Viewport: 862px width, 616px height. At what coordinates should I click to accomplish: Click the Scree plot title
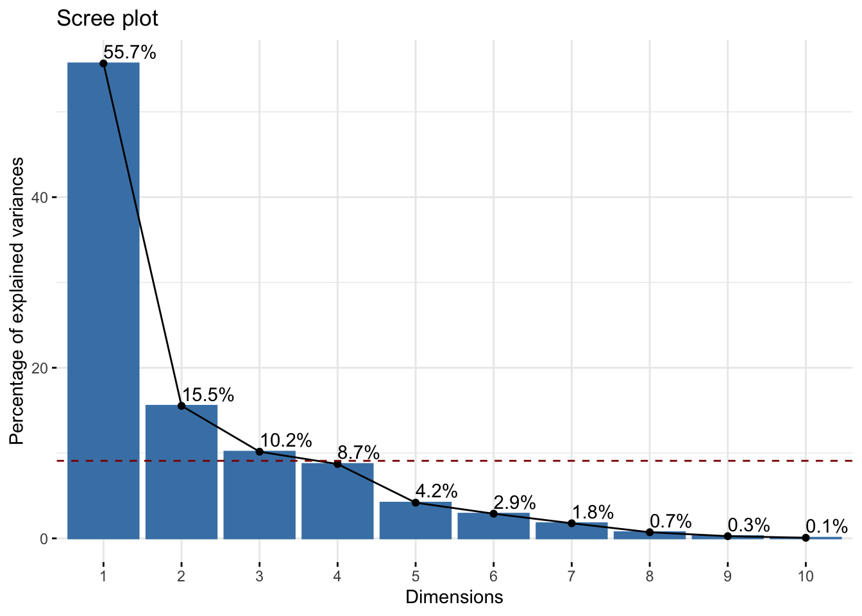(107, 19)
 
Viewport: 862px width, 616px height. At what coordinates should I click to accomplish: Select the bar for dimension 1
(103, 301)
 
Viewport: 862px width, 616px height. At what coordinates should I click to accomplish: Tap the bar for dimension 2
(182, 472)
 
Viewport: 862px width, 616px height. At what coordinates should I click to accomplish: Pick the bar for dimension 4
(337, 501)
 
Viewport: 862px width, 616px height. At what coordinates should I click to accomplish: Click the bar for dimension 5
(416, 520)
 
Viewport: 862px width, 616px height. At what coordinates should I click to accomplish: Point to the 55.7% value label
(130, 52)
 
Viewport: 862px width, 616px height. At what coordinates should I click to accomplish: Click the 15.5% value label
(208, 395)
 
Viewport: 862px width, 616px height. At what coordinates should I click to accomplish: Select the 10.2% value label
(286, 440)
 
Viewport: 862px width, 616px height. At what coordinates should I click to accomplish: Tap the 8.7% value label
(359, 452)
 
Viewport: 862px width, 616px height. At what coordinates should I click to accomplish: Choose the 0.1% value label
(827, 526)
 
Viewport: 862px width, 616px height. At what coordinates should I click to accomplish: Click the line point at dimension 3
(259, 452)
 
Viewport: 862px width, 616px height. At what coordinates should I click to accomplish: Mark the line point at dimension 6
(494, 513)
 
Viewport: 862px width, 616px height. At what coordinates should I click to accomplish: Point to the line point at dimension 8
(650, 532)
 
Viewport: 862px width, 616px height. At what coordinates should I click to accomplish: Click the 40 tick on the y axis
(40, 198)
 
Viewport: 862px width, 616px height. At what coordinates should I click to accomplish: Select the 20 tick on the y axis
(40, 368)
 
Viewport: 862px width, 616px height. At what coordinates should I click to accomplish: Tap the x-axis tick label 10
(806, 576)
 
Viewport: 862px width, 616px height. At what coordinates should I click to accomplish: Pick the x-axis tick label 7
(571, 576)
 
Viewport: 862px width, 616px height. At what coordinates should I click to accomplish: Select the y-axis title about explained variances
(17, 301)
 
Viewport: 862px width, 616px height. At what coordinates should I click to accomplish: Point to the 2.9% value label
(514, 502)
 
